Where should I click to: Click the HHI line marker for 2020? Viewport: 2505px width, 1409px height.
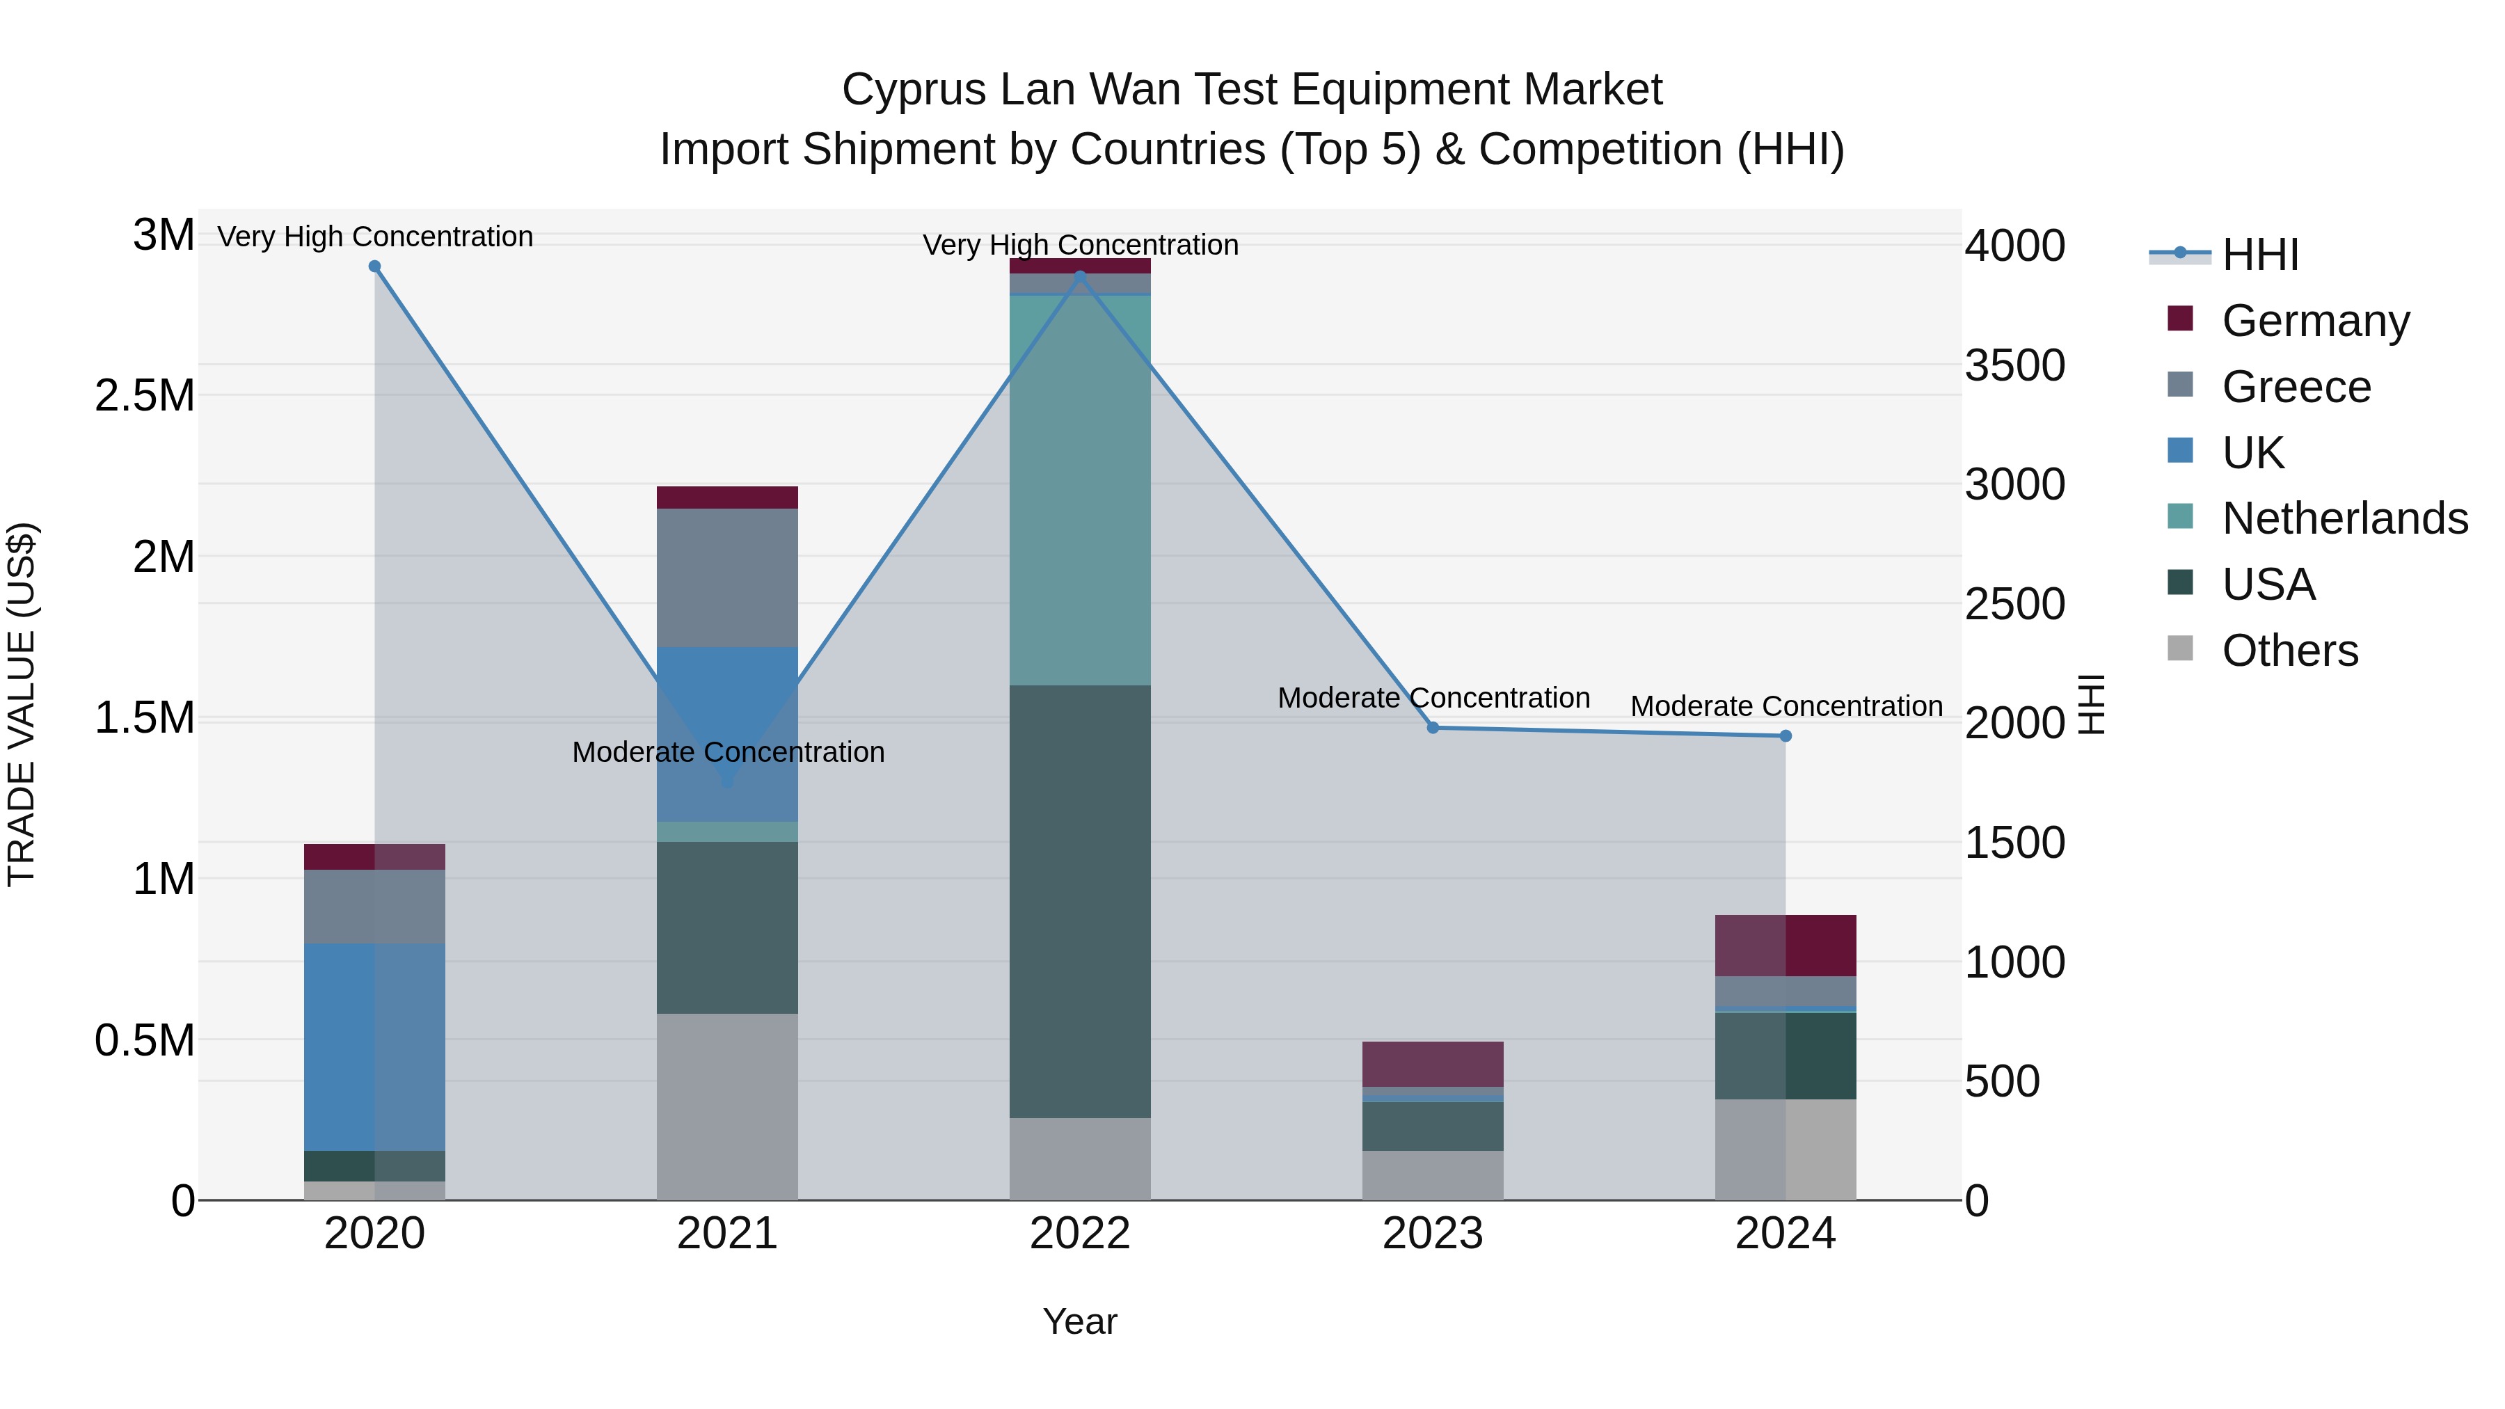click(374, 266)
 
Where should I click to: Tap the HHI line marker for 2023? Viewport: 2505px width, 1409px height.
click(1433, 727)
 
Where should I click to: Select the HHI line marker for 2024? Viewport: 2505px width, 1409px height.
click(1786, 736)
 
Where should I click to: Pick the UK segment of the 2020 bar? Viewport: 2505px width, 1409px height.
click(374, 1046)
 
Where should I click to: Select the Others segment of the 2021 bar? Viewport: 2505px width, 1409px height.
click(727, 1106)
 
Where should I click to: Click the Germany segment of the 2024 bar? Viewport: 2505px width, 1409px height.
click(1786, 945)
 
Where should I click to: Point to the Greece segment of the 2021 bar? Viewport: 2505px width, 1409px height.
click(727, 578)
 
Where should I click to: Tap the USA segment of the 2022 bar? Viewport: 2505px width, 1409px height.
click(1079, 901)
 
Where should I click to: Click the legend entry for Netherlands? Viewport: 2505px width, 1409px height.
click(2344, 518)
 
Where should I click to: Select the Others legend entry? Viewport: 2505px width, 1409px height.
click(2289, 651)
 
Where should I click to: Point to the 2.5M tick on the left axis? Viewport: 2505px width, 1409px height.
click(145, 396)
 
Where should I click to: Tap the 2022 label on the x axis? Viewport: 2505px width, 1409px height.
click(1079, 1234)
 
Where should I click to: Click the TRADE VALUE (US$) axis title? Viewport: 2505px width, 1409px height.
click(22, 704)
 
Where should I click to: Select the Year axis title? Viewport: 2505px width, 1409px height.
click(1079, 1321)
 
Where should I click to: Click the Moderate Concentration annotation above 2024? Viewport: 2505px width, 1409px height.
click(1786, 706)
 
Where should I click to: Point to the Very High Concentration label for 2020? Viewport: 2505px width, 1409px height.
click(374, 237)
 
